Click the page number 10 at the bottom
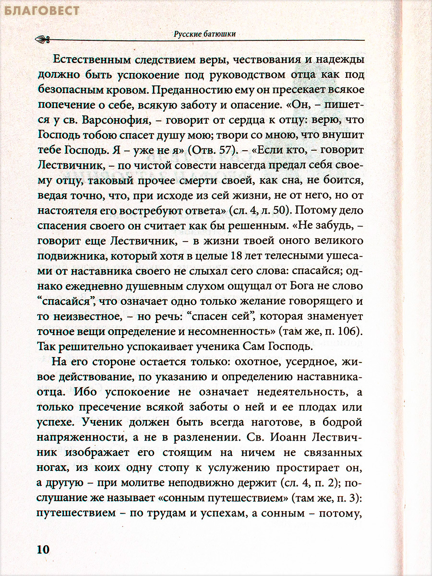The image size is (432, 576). coord(43,549)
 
